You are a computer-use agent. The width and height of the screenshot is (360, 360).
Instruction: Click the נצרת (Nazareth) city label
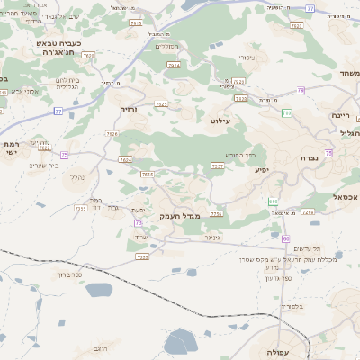tap(309, 157)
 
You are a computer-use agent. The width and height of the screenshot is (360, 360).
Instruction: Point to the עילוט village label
tap(220, 120)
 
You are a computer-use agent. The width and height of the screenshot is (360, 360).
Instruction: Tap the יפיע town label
tap(261, 169)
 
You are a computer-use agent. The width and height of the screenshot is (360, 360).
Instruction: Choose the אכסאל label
tap(345, 196)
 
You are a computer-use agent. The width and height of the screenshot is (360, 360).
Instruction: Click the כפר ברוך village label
tap(70, 274)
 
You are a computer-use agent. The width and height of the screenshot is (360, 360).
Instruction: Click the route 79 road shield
tap(301, 91)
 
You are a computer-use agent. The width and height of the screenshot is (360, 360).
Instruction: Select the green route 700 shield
tap(287, 113)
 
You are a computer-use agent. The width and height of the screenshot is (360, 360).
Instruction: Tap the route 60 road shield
tap(285, 238)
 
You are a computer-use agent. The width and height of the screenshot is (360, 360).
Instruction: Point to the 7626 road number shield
tap(112, 134)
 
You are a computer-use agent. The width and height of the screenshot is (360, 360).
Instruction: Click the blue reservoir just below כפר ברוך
tap(92, 288)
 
